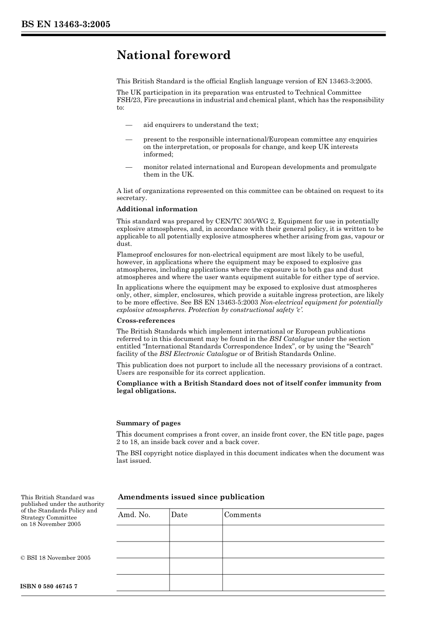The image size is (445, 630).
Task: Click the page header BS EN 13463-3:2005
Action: coord(66,24)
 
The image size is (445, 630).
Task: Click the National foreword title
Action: coord(173,55)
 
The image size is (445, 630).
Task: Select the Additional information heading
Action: coord(157,209)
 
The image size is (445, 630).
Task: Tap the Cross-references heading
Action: coord(146,321)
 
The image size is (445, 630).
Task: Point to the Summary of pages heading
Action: coord(148,423)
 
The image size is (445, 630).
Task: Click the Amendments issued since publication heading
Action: coord(191,497)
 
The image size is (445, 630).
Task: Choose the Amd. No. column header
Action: coord(134,515)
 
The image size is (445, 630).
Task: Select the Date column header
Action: coord(179,515)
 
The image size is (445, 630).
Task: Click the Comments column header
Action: coord(243,515)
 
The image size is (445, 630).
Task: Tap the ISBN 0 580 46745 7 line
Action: coord(49,586)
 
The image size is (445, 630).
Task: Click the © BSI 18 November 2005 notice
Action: coord(56,558)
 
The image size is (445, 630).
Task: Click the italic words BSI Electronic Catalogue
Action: coord(198,354)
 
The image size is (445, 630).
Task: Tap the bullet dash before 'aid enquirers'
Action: coord(128,125)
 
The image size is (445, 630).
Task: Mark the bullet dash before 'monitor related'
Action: coord(128,167)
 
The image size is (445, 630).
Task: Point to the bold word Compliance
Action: coord(137,384)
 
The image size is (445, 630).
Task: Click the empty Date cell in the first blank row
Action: coord(195,534)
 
